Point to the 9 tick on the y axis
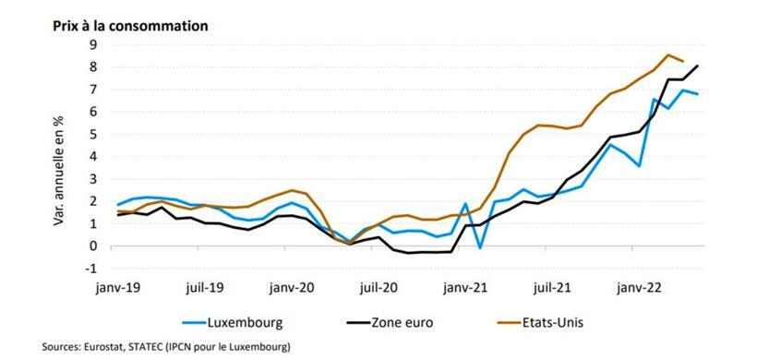(x=92, y=43)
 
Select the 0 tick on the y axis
(x=92, y=246)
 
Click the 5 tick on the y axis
(x=92, y=134)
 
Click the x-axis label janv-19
(x=118, y=287)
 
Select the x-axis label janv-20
(x=292, y=287)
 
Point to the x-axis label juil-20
(x=378, y=287)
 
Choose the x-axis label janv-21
(x=466, y=287)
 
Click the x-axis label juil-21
(x=552, y=287)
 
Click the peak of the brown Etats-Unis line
(x=668, y=54)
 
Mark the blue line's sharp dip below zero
(x=480, y=247)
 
